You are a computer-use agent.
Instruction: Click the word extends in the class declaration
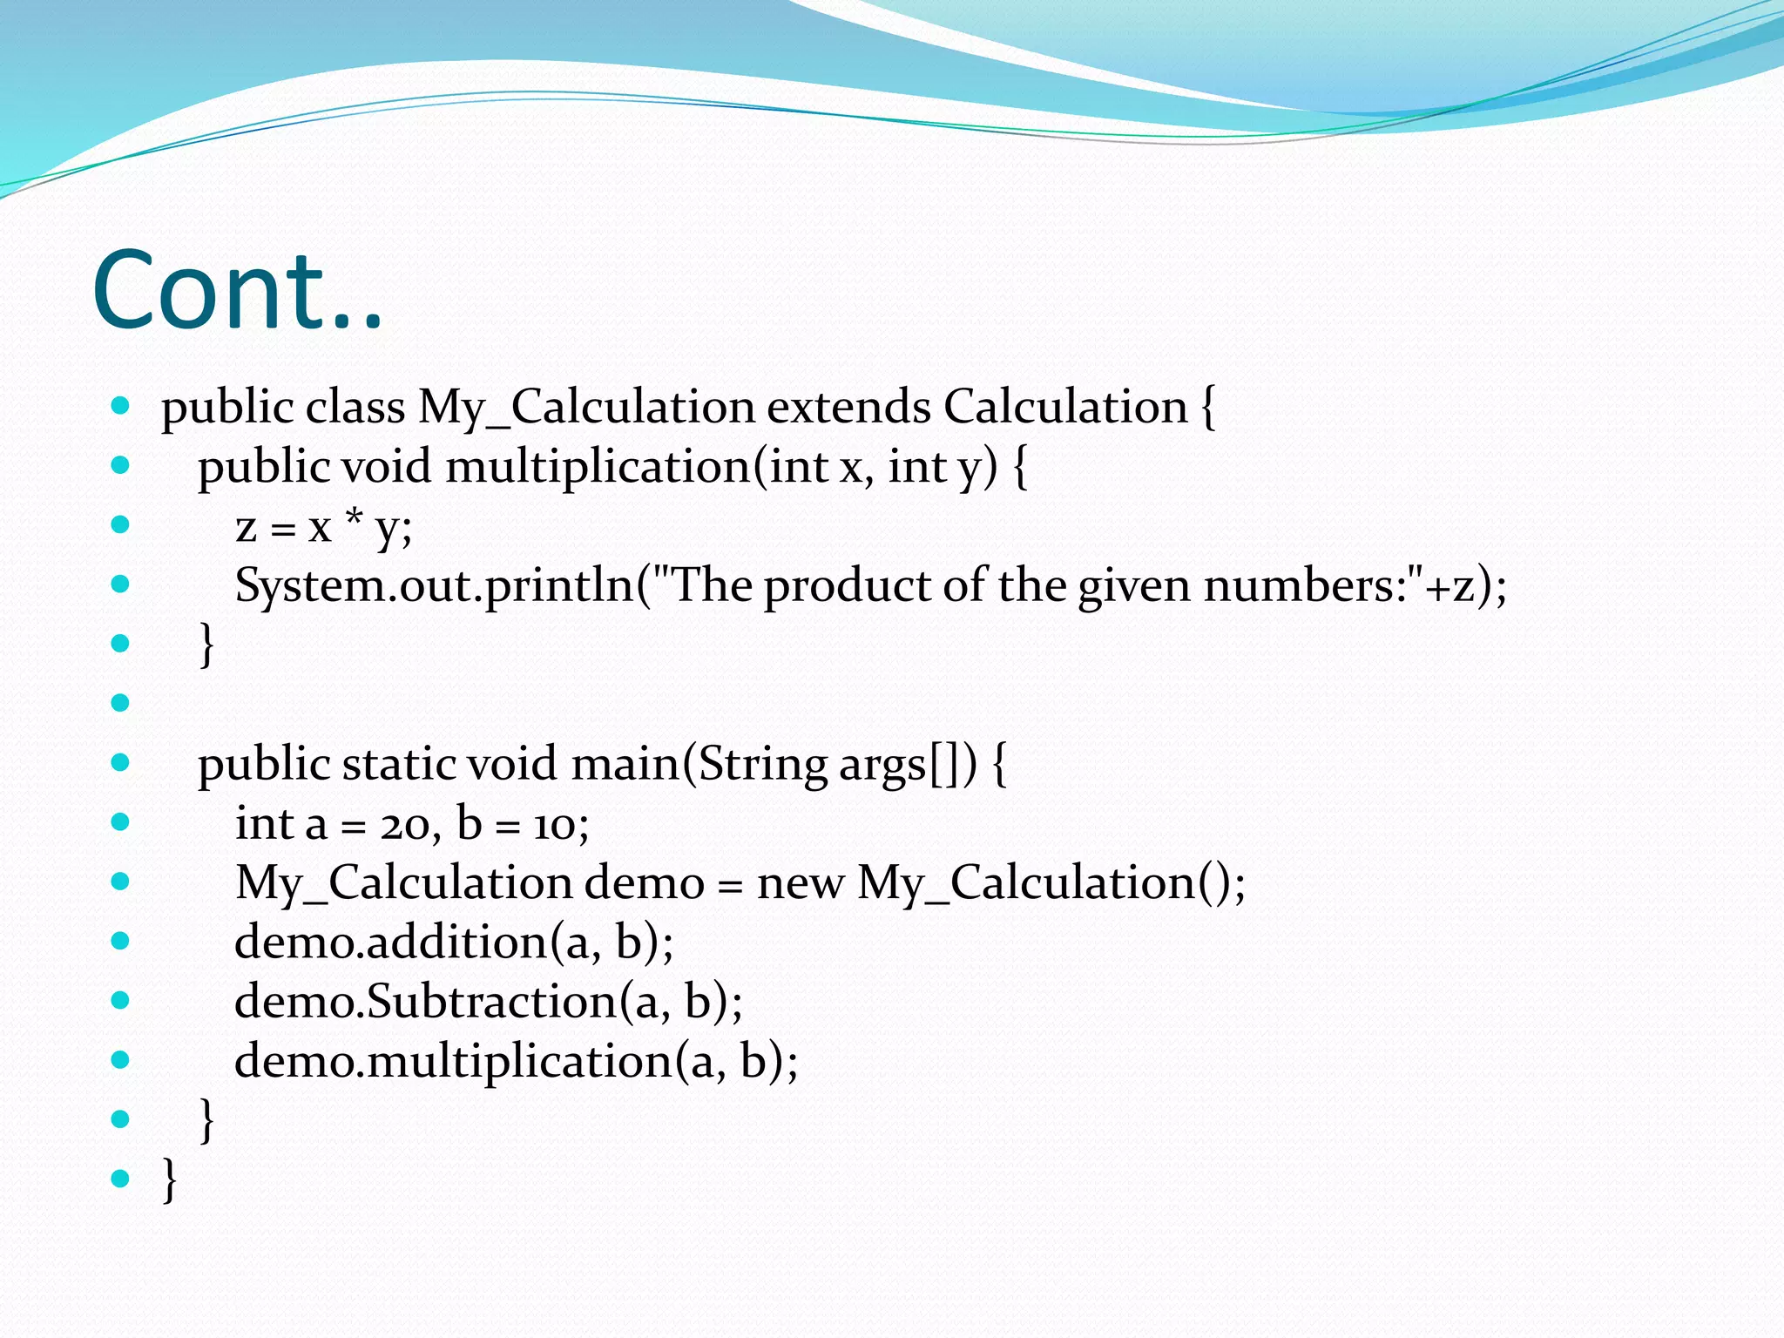tap(848, 407)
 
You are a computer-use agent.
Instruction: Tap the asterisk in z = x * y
tap(354, 520)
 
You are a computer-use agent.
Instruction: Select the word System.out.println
tap(434, 585)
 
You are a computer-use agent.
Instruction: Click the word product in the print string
tap(847, 585)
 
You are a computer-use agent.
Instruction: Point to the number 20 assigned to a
tap(405, 824)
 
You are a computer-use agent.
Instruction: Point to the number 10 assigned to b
tap(555, 824)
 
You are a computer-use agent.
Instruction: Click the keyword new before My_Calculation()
tap(800, 882)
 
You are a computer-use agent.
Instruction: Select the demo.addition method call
tap(453, 943)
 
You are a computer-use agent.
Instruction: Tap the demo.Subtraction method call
tap(488, 1002)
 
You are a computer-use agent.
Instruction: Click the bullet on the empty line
tap(120, 702)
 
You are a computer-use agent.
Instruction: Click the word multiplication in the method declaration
tap(598, 467)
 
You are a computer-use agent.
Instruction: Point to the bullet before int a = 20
tap(120, 821)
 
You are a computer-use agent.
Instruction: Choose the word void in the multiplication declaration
tap(387, 467)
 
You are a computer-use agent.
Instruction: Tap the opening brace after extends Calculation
tap(1208, 407)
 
